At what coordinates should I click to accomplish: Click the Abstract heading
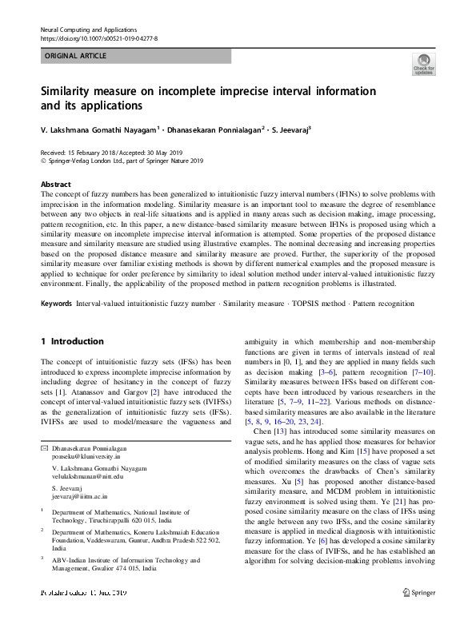point(55,184)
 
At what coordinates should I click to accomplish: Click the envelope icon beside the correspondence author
point(44,451)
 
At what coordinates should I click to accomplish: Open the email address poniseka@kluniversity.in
point(88,459)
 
